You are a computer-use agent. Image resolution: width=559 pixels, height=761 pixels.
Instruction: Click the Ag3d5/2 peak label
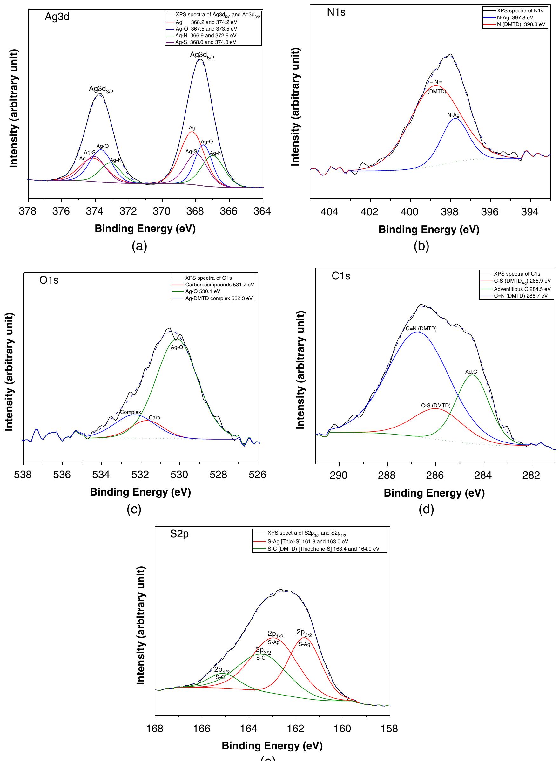pos(202,55)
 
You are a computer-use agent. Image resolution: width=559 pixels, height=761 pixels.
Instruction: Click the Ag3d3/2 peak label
pos(101,89)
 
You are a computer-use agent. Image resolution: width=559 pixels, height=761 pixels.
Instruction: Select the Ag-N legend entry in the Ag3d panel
pos(206,36)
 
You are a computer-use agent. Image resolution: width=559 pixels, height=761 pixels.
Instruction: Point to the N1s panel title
pos(336,12)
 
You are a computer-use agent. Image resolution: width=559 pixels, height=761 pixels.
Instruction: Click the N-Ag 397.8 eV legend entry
pos(515,17)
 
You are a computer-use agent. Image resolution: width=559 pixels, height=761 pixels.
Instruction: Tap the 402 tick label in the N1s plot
pos(369,212)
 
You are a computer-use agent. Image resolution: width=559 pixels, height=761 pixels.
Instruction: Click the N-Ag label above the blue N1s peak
pos(454,115)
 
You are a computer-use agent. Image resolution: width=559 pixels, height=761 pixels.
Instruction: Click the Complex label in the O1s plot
pos(131,412)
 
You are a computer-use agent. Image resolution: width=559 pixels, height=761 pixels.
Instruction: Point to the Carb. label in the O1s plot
pos(155,418)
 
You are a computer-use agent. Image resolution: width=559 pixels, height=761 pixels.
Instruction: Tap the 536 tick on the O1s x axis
pos(62,475)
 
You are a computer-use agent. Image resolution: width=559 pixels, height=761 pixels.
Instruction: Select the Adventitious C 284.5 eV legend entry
pos(522,289)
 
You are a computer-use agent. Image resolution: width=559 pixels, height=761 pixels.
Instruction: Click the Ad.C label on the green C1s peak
pos(471,372)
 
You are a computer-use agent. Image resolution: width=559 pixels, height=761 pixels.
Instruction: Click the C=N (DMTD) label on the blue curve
pos(421,328)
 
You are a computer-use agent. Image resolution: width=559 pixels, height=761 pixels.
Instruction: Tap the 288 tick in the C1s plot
pos(387,476)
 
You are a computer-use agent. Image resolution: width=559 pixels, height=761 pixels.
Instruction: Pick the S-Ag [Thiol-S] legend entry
pos(307,542)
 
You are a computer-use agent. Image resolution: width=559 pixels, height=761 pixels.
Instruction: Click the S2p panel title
pos(179,534)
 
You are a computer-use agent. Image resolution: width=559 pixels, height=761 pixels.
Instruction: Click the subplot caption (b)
pos(421,246)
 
